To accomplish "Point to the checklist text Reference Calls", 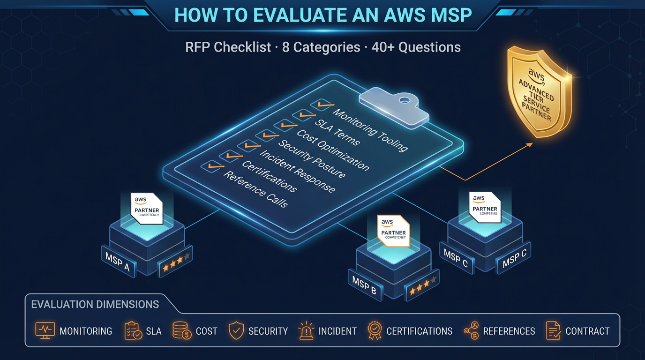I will pos(255,189).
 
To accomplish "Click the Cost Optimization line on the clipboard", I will pos(333,150).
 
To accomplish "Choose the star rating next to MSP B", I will pos(422,287).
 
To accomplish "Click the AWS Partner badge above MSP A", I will pos(147,208).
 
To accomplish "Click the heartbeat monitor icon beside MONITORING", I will pos(45,331).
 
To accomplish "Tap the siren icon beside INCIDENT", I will pos(306,331).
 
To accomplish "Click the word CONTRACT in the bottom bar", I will pos(587,331).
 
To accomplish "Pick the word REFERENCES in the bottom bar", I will pos(509,331).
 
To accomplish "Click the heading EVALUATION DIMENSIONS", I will pos(95,305).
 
